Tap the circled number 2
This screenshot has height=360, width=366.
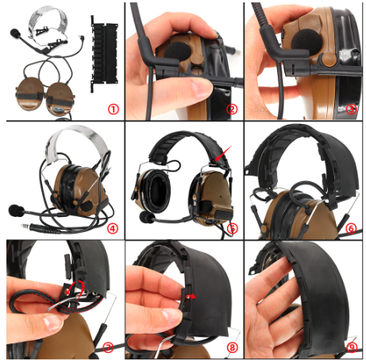pyautogui.click(x=232, y=109)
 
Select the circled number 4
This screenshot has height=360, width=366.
pyautogui.click(x=112, y=228)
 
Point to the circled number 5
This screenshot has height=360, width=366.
pyautogui.click(x=232, y=228)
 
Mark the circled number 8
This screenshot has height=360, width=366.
pyautogui.click(x=232, y=347)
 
